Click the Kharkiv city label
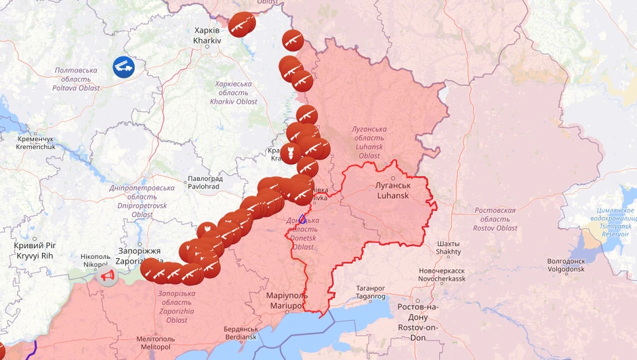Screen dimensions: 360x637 point(207,35)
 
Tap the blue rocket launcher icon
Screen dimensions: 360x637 point(123,67)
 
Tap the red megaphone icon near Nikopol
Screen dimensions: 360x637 point(107,276)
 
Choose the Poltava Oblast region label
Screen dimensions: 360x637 point(76,79)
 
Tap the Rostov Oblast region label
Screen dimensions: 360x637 point(495,219)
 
